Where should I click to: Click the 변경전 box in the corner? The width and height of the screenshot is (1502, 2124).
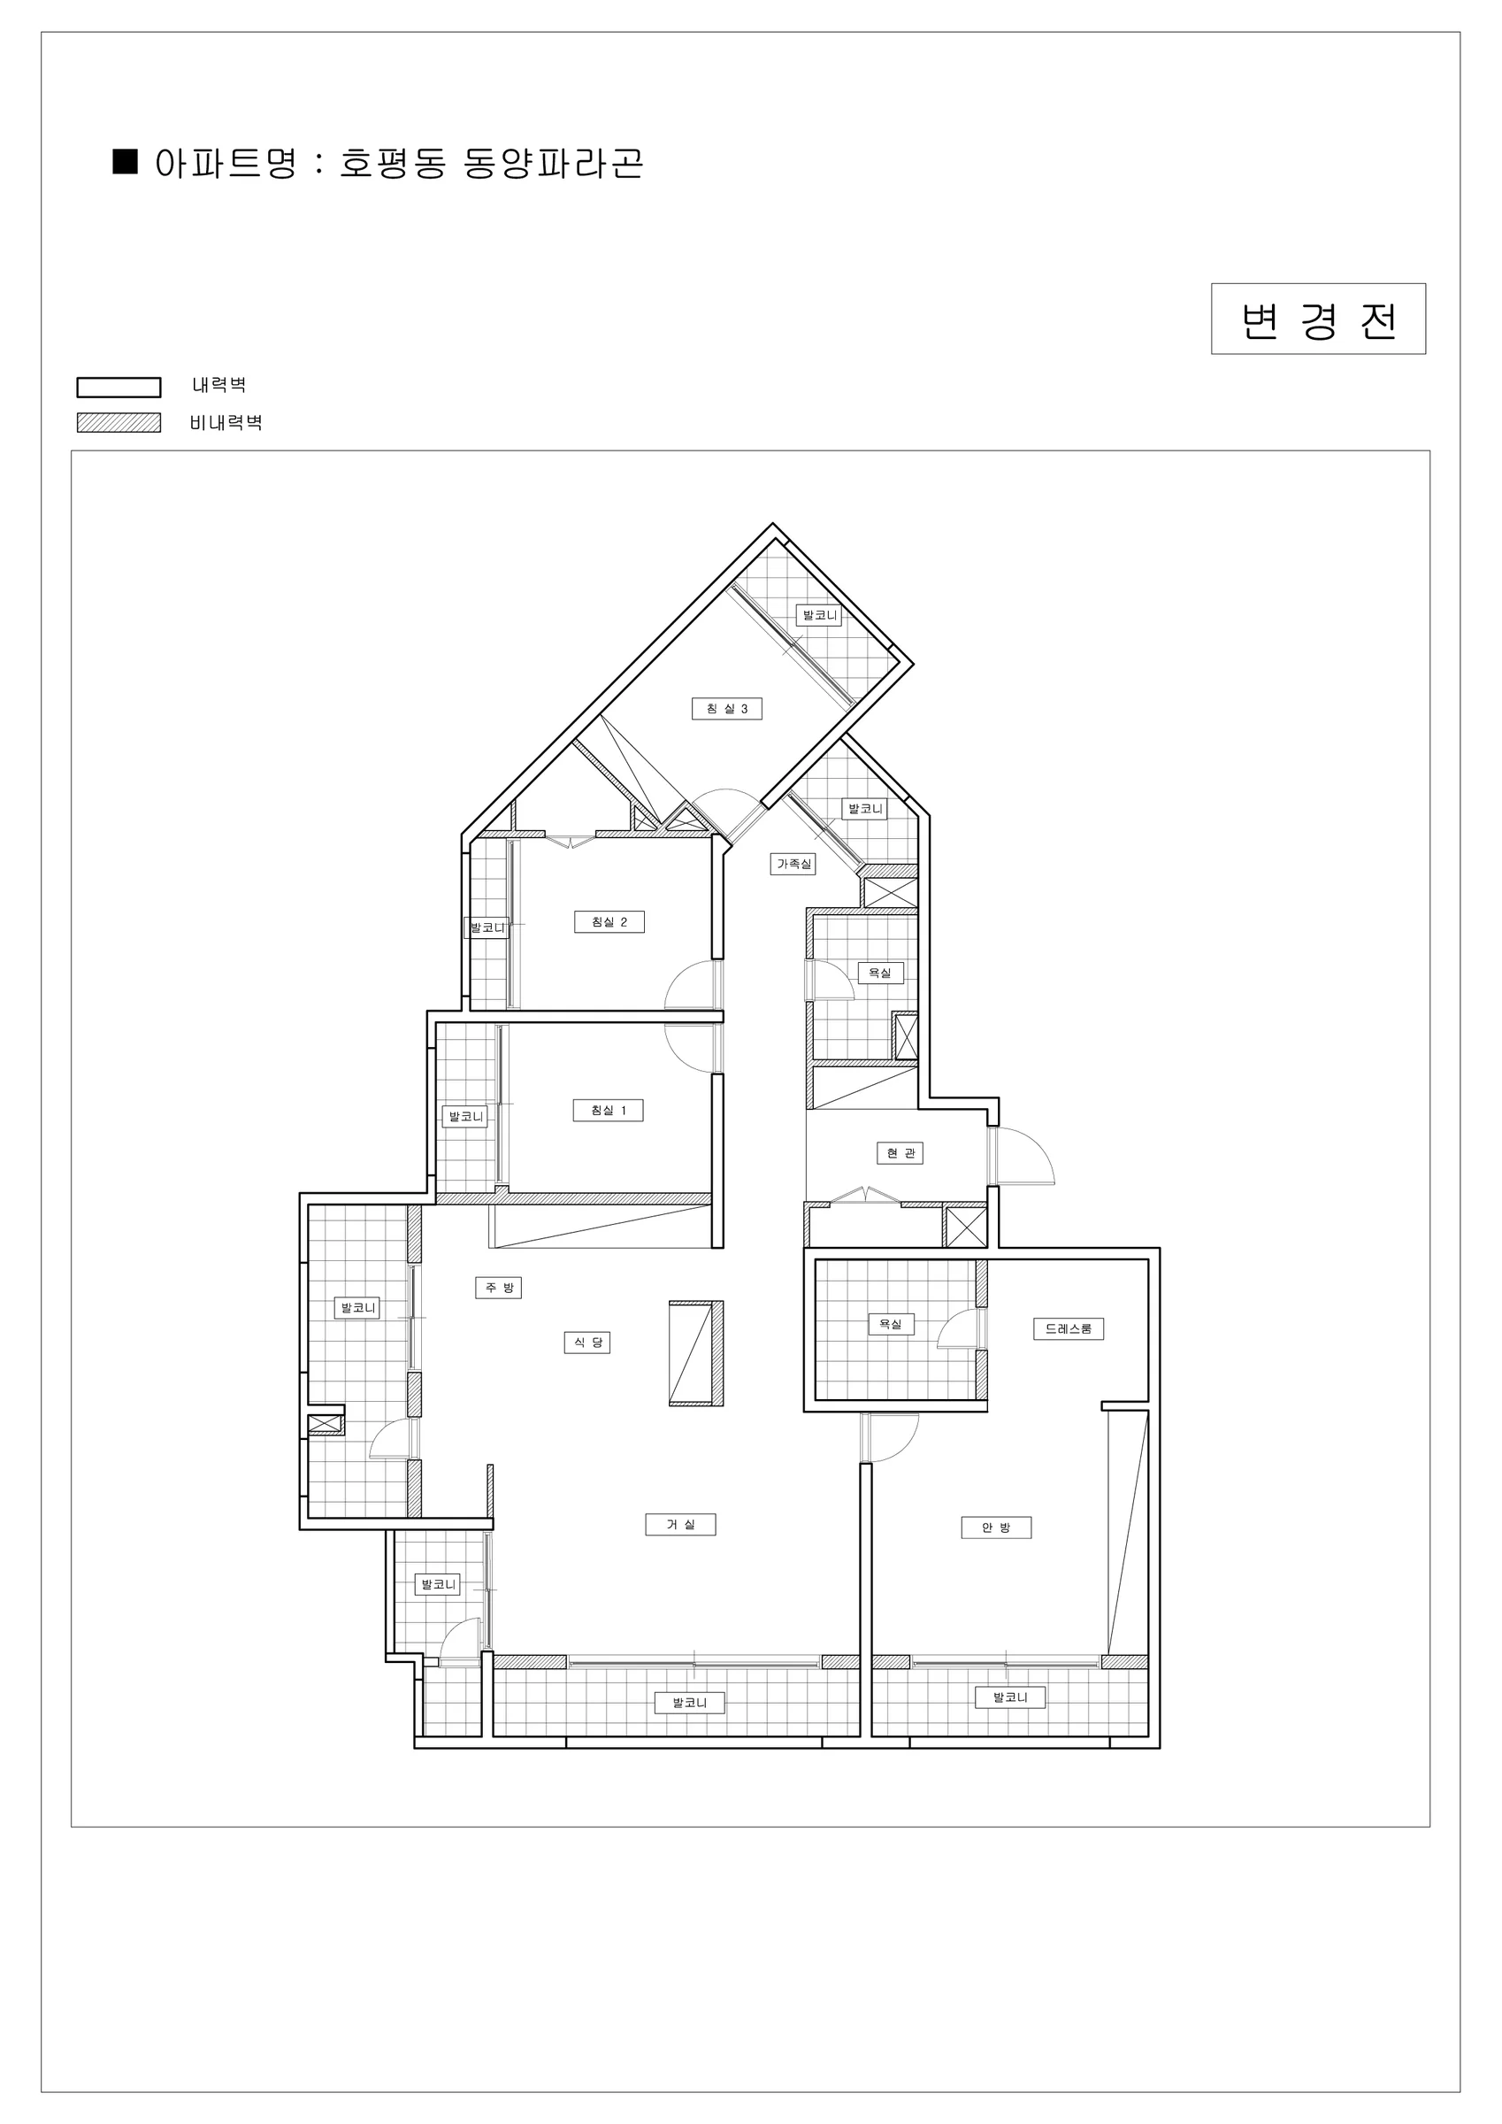tap(1318, 319)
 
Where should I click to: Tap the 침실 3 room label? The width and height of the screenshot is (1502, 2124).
tap(727, 709)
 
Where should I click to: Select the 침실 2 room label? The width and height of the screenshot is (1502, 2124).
tap(609, 921)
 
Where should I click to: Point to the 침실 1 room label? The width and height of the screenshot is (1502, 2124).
tap(608, 1110)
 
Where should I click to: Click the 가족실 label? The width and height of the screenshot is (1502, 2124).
tap(793, 864)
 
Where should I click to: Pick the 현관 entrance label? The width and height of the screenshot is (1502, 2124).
tap(900, 1152)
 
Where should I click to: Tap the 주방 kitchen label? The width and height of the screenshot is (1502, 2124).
tap(499, 1287)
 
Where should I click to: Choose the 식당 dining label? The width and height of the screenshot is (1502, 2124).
tap(587, 1343)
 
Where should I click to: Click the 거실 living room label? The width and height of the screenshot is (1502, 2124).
tap(681, 1524)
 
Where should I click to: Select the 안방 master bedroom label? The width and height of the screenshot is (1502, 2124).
tap(996, 1528)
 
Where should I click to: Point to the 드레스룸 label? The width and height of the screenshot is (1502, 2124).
tap(1069, 1328)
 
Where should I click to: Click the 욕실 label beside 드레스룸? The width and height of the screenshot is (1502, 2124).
tap(891, 1324)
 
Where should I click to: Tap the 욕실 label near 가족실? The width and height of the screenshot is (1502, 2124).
tap(880, 973)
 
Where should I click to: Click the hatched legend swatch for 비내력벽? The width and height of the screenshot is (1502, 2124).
tap(119, 423)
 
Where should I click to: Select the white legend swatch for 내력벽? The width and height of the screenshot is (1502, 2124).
tap(119, 387)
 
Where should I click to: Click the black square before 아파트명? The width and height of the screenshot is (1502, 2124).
tap(125, 161)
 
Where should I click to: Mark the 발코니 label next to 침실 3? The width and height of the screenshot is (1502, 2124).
tap(819, 614)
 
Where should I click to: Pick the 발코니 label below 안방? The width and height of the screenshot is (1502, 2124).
tap(1011, 1697)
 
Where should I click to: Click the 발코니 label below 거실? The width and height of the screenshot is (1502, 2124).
tap(690, 1702)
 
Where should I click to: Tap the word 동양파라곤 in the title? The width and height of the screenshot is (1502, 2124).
tap(553, 164)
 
